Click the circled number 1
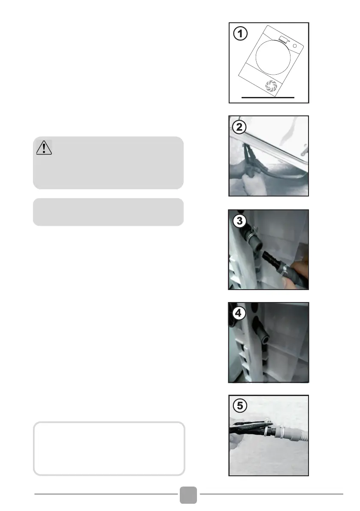240,33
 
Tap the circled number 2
239,127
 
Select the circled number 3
239,221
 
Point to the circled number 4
239,313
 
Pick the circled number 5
240,406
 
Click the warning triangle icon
44,148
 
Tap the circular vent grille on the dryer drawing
271,86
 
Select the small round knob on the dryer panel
295,46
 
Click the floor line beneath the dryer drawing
268,97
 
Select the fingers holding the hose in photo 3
296,272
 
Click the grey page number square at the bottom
188,495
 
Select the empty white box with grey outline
109,448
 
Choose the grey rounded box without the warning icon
108,212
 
